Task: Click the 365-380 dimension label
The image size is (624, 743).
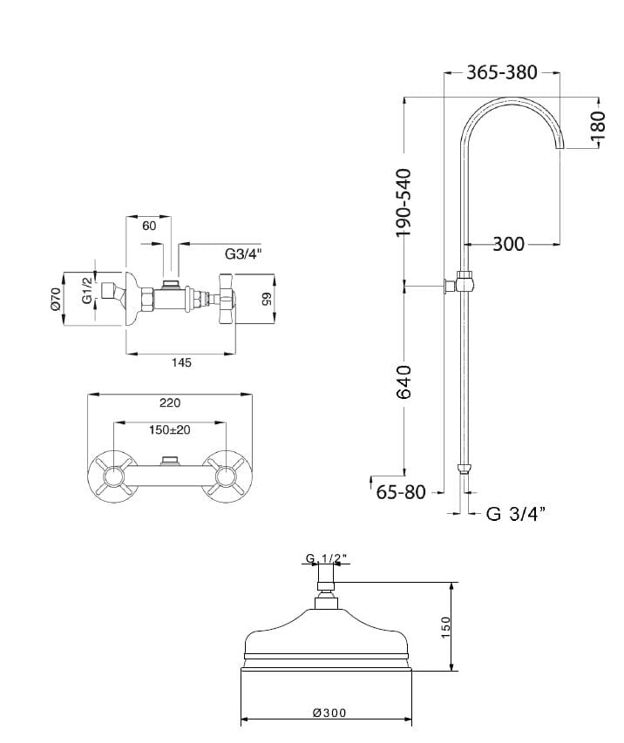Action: (502, 72)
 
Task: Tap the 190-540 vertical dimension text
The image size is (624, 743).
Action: (404, 202)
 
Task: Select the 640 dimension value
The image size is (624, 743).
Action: (404, 382)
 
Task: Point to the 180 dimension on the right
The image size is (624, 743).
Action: (599, 125)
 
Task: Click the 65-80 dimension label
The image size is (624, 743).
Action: (401, 492)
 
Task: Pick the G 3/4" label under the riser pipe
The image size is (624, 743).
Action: (516, 513)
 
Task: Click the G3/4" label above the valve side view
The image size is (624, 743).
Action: (243, 254)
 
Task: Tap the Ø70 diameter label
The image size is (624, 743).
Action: (56, 300)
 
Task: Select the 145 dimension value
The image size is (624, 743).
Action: (181, 362)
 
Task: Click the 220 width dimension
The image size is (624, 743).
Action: (170, 402)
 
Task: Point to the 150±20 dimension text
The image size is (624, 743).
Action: (170, 429)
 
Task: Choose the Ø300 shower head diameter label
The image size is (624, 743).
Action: (329, 713)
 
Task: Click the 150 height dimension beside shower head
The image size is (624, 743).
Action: (445, 627)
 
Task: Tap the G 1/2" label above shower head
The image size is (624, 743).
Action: (327, 559)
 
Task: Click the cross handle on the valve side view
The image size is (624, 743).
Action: (227, 299)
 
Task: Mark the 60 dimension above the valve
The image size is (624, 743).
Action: (149, 226)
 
